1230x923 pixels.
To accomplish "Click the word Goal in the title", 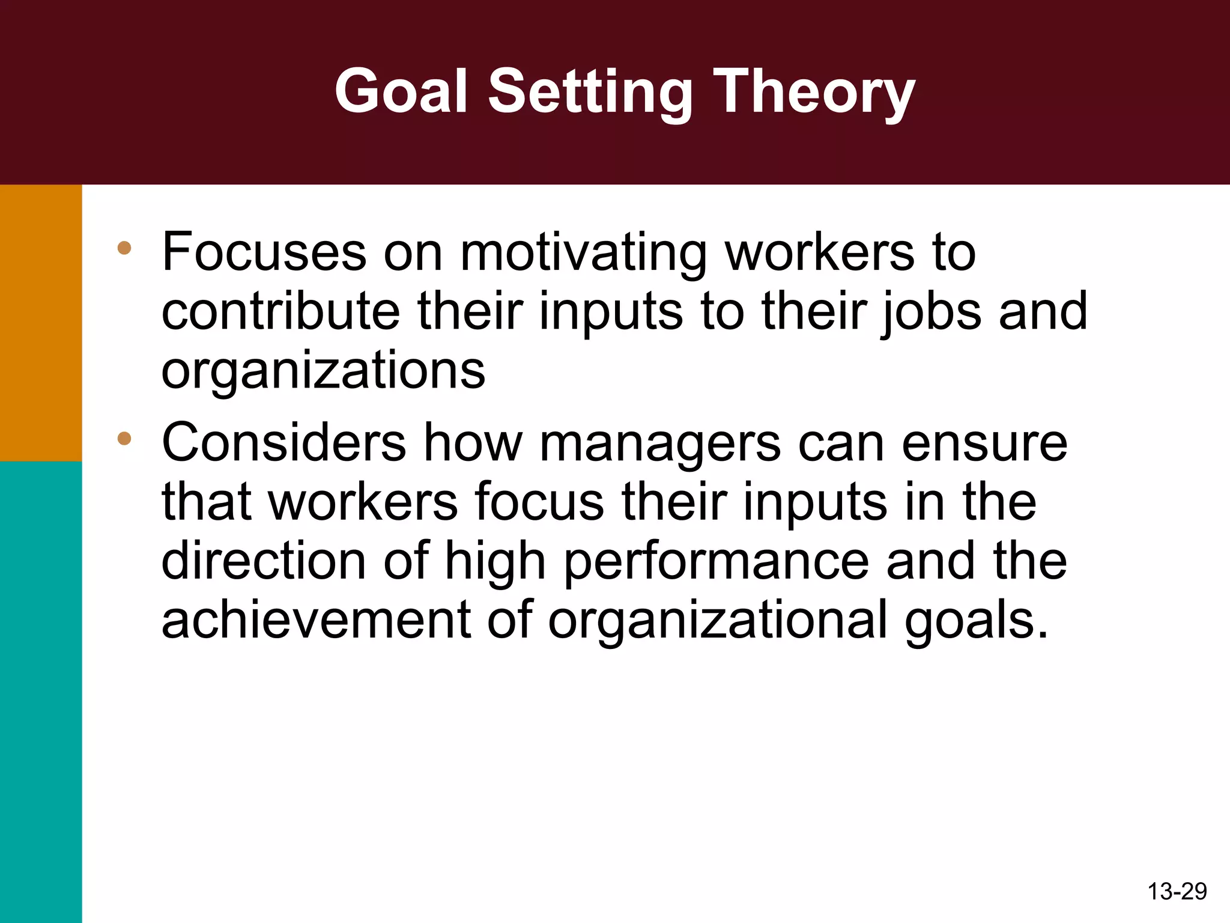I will pyautogui.click(x=401, y=91).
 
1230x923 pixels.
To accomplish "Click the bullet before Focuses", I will pyautogui.click(x=124, y=248).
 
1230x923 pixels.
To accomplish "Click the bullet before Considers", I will pyautogui.click(x=124, y=438).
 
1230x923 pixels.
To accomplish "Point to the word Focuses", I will pyautogui.click(x=264, y=252).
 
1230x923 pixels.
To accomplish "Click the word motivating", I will pyautogui.click(x=583, y=252).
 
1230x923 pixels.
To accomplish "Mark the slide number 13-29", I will pyautogui.click(x=1177, y=891).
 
